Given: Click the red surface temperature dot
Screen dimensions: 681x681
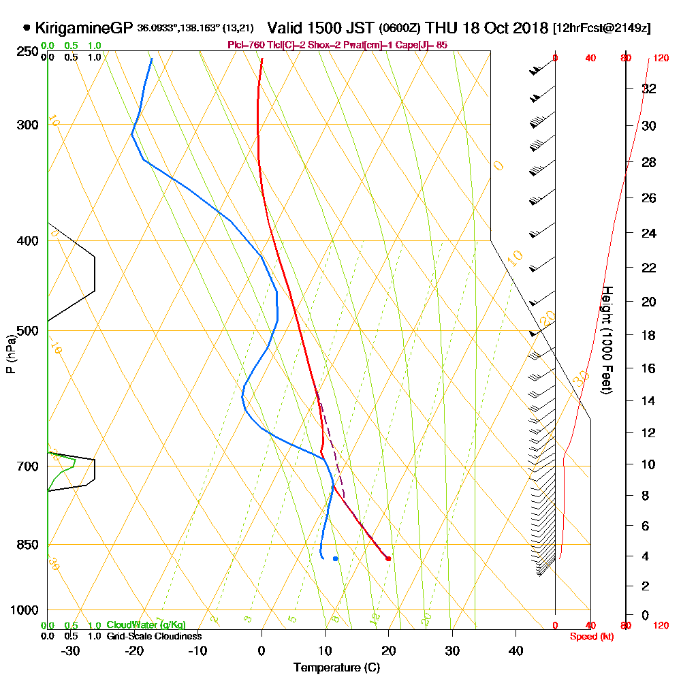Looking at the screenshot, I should [x=388, y=558].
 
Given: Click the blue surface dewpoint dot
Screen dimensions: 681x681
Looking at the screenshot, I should [x=335, y=558].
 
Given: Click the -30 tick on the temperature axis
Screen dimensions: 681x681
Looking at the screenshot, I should [x=70, y=650].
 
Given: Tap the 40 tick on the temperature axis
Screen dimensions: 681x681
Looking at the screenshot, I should [x=516, y=650].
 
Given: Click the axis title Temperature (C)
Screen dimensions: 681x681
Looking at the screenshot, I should [x=336, y=667].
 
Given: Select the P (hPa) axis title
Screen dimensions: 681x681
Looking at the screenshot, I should [x=10, y=354].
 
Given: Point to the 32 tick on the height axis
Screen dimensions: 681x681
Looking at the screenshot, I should [x=649, y=89].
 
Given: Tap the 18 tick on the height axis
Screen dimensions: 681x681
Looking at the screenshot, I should [x=649, y=335].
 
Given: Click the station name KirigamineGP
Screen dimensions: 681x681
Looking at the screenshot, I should [x=84, y=29].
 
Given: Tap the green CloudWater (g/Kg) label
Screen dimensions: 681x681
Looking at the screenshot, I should [x=146, y=625].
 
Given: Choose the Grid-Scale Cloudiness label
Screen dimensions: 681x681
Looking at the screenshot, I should [x=154, y=636].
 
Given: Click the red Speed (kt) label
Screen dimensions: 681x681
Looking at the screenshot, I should [x=590, y=636].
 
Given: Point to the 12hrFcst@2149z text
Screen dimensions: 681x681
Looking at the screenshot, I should [x=602, y=29].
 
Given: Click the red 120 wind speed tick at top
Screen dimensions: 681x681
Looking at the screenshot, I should [x=660, y=58].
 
